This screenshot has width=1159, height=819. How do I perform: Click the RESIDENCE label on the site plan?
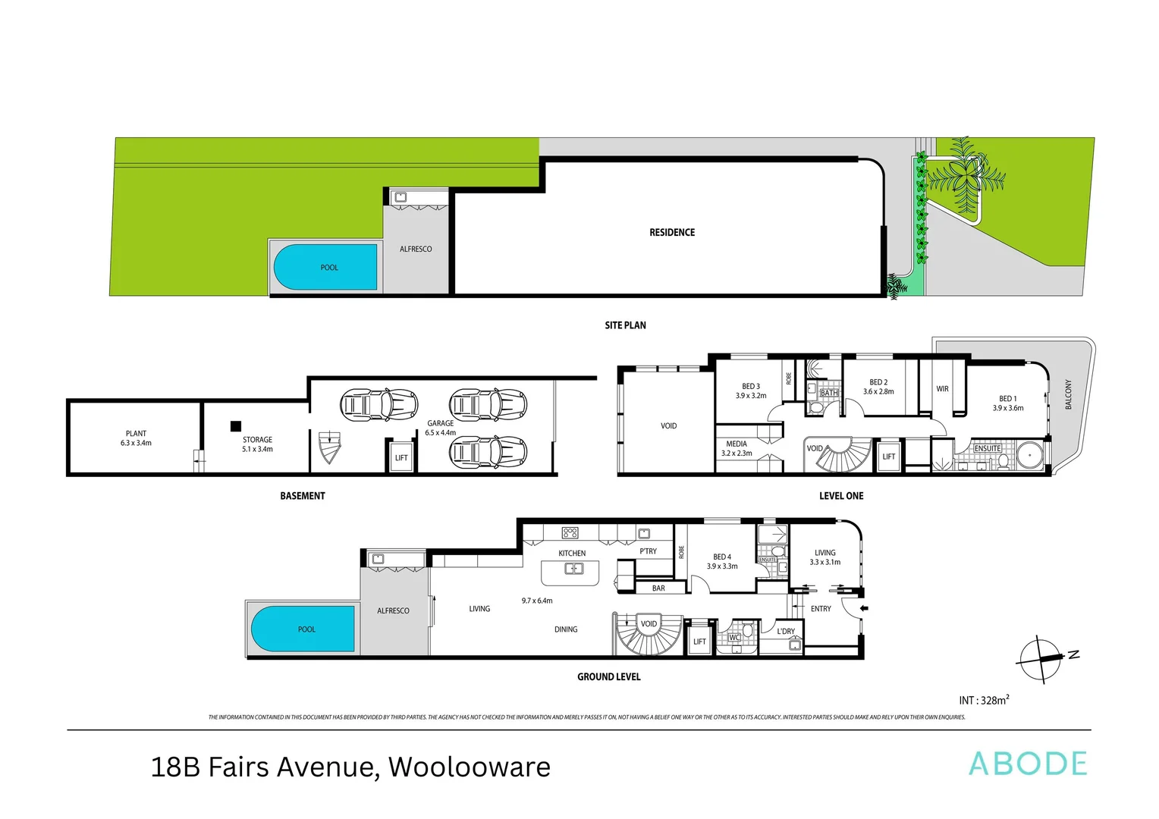pyautogui.click(x=671, y=233)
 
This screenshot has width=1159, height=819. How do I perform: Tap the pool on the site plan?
pyautogui.click(x=326, y=267)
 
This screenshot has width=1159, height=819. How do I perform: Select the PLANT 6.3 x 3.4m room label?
pyautogui.click(x=136, y=438)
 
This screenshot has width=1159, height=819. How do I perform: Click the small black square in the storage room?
pyautogui.click(x=236, y=426)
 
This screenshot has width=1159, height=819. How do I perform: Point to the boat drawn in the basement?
pyautogui.click(x=329, y=447)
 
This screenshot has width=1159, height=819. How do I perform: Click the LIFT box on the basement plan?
pyautogui.click(x=401, y=457)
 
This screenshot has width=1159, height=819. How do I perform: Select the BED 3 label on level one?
pyautogui.click(x=750, y=387)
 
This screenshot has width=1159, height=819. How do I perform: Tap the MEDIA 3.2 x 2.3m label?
pyautogui.click(x=736, y=448)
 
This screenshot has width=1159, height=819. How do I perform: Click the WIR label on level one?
pyautogui.click(x=942, y=389)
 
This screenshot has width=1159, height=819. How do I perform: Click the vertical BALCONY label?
pyautogui.click(x=1069, y=395)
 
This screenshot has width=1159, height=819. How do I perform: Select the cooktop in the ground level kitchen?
pyautogui.click(x=570, y=533)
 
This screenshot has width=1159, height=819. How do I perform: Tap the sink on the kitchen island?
pyautogui.click(x=573, y=568)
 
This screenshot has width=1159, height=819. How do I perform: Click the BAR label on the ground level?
pyautogui.click(x=658, y=588)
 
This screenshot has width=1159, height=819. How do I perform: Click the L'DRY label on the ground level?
pyautogui.click(x=786, y=631)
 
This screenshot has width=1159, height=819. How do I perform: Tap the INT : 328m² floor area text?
pyautogui.click(x=984, y=701)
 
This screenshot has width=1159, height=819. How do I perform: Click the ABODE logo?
pyautogui.click(x=1028, y=764)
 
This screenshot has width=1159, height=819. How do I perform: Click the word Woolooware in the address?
pyautogui.click(x=469, y=767)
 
